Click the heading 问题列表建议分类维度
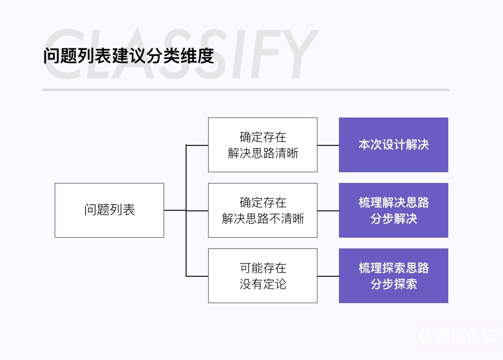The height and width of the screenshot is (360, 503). (129, 56)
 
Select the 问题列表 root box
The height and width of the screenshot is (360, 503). (109, 210)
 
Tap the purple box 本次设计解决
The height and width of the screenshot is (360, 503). (393, 145)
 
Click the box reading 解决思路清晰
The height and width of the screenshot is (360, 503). (263, 145)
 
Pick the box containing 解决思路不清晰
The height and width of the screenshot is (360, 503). (263, 210)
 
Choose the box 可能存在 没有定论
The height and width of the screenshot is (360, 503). (263, 276)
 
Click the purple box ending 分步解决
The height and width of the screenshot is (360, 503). (393, 210)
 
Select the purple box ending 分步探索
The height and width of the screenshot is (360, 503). (393, 276)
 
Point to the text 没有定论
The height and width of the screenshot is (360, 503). (263, 284)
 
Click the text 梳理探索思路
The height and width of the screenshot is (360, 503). (394, 268)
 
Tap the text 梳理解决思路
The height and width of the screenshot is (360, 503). (394, 202)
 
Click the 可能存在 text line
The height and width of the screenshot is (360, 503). (263, 268)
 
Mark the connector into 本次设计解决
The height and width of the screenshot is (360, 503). (328, 145)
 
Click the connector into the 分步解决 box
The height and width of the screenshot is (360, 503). (328, 210)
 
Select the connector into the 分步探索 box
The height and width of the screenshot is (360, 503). (328, 276)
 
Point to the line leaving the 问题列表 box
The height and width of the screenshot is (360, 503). (174, 210)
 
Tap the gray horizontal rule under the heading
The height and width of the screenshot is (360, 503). (245, 90)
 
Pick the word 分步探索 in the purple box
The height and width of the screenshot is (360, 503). (394, 284)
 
